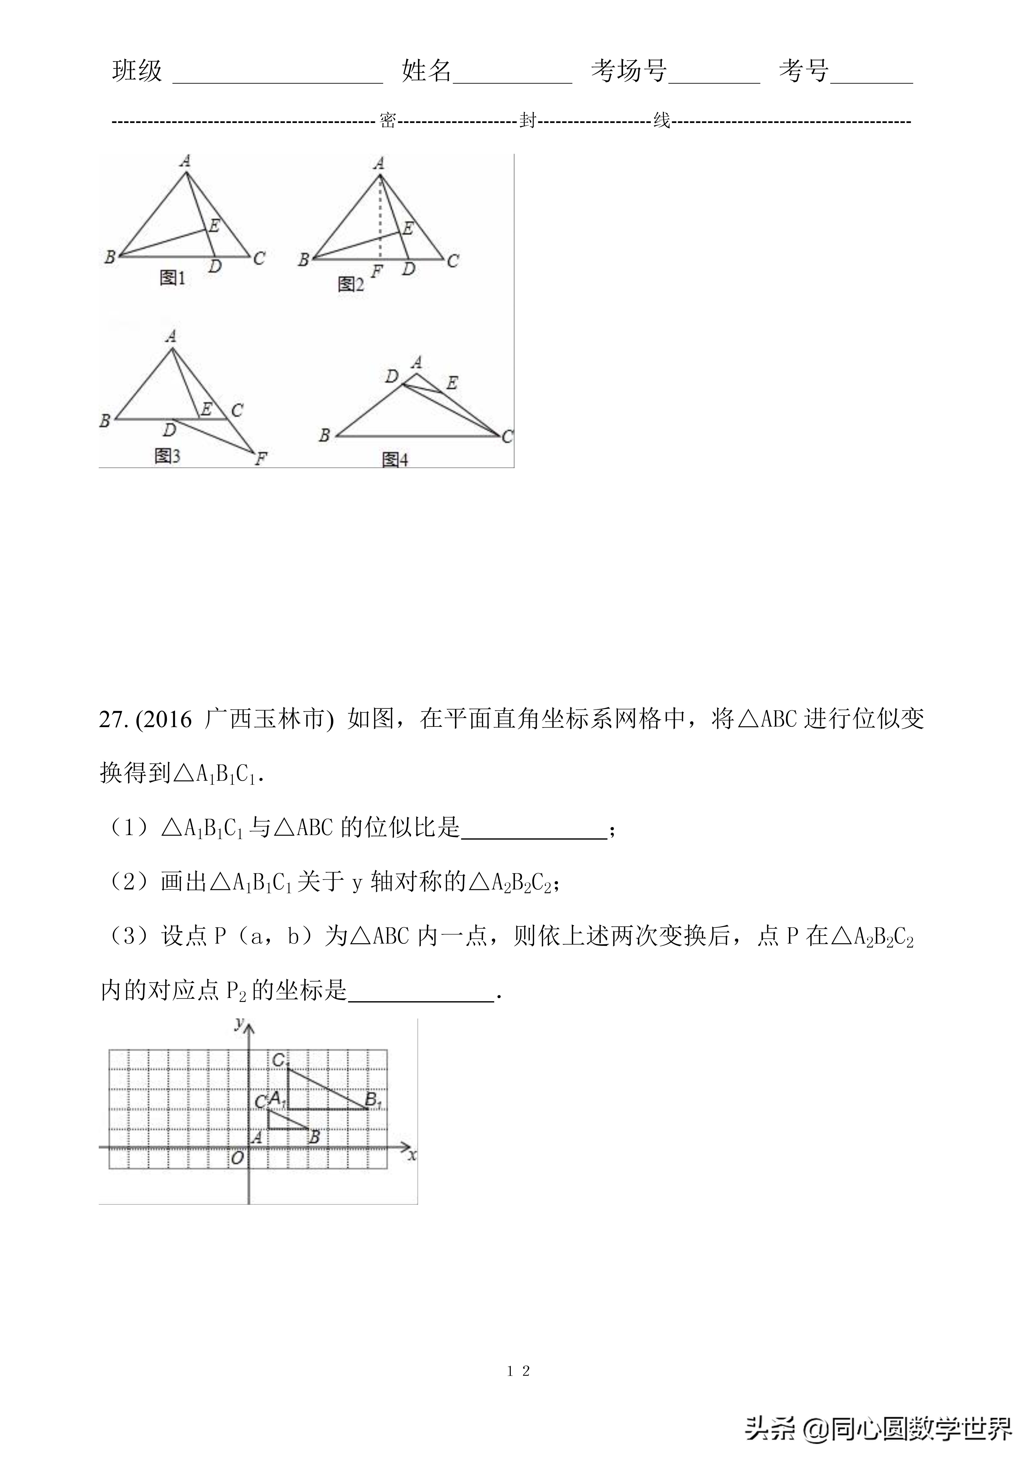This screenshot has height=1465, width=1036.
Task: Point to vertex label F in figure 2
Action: click(377, 272)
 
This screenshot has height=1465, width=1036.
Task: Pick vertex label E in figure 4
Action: click(452, 383)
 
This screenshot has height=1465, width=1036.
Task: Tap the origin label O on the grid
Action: click(237, 1158)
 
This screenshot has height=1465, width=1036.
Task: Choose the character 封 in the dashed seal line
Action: click(527, 120)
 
